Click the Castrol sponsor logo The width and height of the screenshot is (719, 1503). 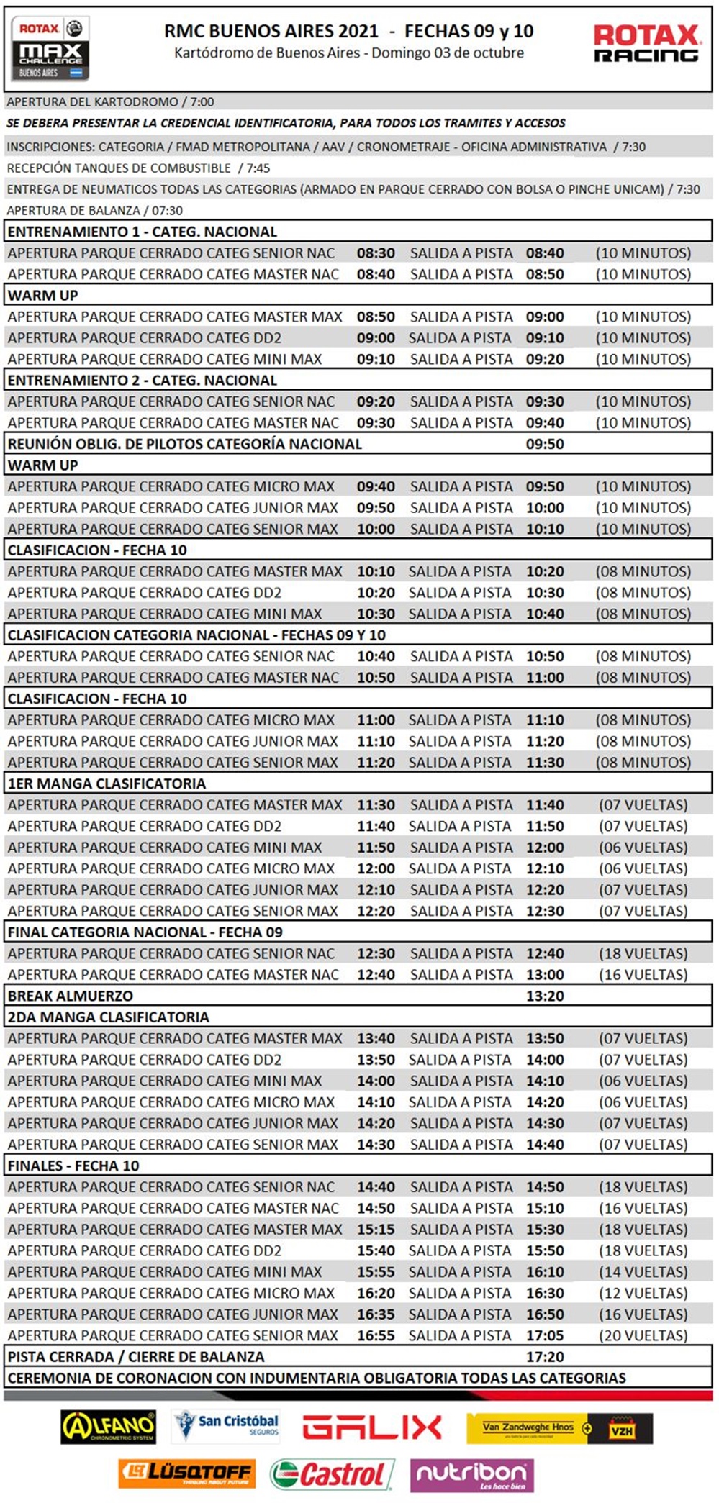pos(332,1474)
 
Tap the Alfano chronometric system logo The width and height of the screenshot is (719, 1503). pos(108,1427)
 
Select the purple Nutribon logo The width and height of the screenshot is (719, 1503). pos(471,1474)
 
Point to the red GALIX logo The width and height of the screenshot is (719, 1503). pos(371,1427)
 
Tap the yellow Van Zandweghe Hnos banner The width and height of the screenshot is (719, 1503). pos(559,1428)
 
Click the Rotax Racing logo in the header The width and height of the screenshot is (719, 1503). pos(646,44)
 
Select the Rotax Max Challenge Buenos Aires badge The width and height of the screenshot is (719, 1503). pos(50,48)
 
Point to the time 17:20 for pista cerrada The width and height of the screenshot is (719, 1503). pos(545,1357)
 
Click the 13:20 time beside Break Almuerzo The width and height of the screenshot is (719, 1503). pos(545,996)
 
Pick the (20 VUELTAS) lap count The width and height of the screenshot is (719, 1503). pos(643,1335)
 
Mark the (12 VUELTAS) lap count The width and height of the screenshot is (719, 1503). pos(643,1293)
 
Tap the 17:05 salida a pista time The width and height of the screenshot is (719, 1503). pos(545,1335)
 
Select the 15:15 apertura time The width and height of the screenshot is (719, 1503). pos(376,1229)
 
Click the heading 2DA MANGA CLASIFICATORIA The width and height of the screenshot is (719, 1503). pos(108,1017)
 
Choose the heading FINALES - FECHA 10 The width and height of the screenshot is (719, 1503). pos(73,1166)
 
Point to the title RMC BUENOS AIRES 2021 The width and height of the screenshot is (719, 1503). pos(271,31)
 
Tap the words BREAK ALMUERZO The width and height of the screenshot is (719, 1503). pos(71,996)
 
